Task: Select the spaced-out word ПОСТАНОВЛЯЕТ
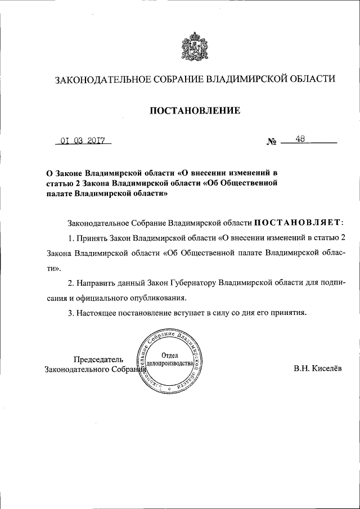(x=296, y=223)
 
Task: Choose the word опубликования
(x=173, y=298)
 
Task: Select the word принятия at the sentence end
(x=289, y=313)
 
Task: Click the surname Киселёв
(x=326, y=369)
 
